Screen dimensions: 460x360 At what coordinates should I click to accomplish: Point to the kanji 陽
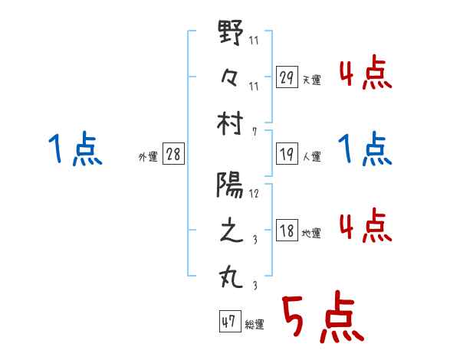click(232, 185)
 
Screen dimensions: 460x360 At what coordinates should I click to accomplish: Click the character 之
click(232, 231)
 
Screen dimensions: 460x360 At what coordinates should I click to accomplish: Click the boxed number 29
click(287, 77)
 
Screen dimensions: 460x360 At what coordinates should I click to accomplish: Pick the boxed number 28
click(173, 155)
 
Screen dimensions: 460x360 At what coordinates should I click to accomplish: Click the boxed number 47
click(228, 322)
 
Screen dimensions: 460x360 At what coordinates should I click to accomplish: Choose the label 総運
click(255, 325)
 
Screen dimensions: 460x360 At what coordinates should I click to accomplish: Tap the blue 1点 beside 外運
click(75, 149)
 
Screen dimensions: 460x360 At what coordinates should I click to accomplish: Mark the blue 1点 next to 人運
click(365, 149)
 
